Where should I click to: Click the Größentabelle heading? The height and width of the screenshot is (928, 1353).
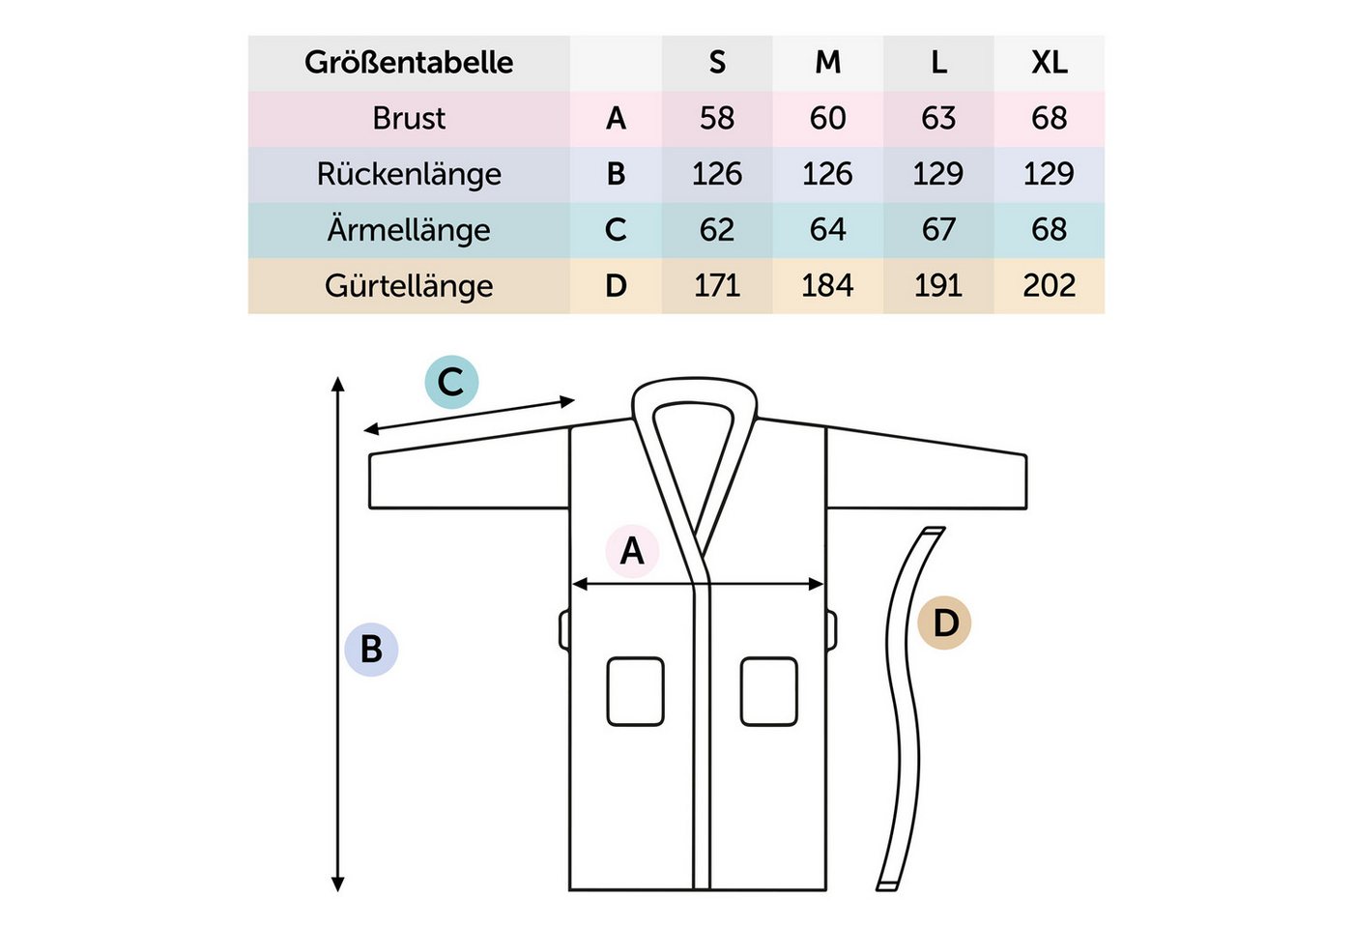coord(408,62)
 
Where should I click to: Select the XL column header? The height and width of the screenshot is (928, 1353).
coord(1050,62)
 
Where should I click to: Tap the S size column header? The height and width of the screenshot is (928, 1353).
coord(717,62)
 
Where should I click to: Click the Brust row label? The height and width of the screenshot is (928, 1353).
coord(408,118)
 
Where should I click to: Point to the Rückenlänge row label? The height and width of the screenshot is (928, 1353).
coord(408,174)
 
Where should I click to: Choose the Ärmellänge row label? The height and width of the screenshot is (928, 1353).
coord(408,230)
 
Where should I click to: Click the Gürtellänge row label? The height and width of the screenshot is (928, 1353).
coord(408,286)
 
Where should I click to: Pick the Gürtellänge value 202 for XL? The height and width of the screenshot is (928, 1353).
coord(1050,286)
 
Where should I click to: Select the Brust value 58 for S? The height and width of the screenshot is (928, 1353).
coord(717,118)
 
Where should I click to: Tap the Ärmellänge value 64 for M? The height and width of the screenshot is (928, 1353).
coord(827,230)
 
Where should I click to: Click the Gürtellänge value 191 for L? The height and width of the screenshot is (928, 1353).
coord(938,286)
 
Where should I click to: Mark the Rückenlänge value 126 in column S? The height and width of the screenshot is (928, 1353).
coord(717,174)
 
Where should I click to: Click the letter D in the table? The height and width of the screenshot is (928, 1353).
coord(616,286)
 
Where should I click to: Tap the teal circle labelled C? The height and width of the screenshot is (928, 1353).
coord(451,382)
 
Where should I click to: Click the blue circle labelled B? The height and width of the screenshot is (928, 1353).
coord(371,650)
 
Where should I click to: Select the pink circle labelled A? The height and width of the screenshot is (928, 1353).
coord(632,551)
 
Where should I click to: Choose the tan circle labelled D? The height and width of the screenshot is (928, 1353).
coord(944,623)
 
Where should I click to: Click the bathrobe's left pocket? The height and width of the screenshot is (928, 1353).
coord(636,691)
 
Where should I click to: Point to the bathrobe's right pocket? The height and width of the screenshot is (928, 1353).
coord(769,691)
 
